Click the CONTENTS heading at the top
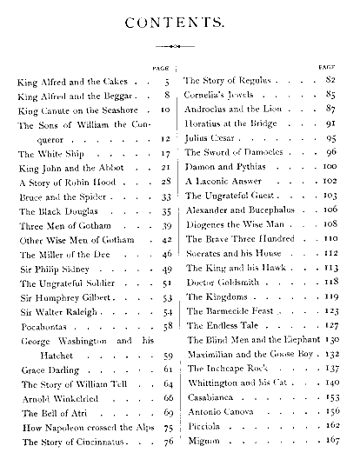coord(179,22)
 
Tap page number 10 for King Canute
coord(165,112)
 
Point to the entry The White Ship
coord(46,153)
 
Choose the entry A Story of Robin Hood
coord(65,183)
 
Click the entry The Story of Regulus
coord(230,80)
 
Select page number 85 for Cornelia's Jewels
coord(330,94)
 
